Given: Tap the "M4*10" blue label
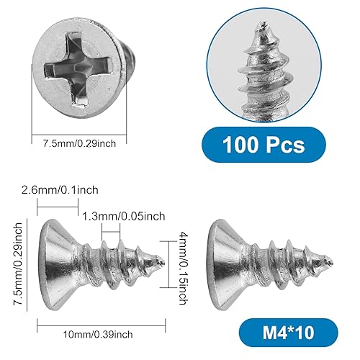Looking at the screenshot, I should click(x=287, y=336).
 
